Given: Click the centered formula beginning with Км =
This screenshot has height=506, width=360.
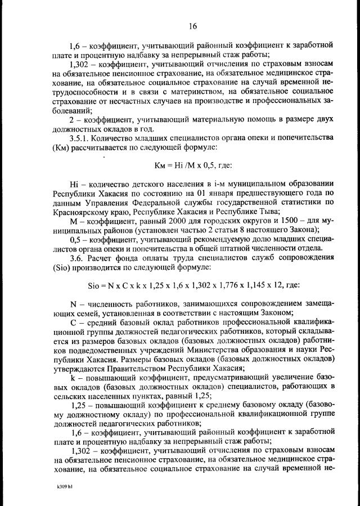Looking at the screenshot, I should coord(193,166).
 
